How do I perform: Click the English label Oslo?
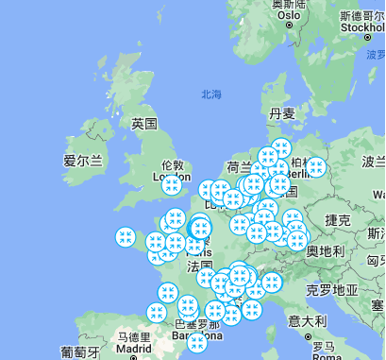click(x=289, y=16)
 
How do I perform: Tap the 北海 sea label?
click(x=211, y=94)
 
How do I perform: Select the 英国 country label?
click(x=143, y=124)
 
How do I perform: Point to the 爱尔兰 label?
click(x=83, y=161)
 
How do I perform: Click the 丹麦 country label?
click(x=282, y=113)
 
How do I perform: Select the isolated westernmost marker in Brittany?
click(x=126, y=237)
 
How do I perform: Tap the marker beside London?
click(x=172, y=185)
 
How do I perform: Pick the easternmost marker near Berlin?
click(x=316, y=168)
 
